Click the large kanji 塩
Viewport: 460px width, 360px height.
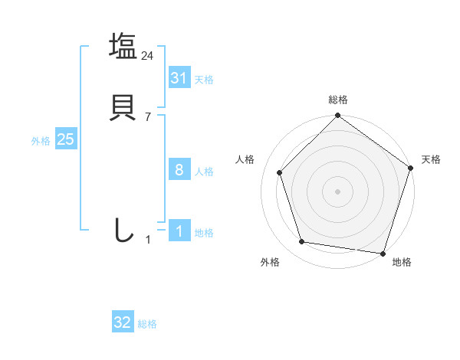pyautogui.click(x=123, y=46)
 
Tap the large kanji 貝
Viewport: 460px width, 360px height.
pyautogui.click(x=123, y=107)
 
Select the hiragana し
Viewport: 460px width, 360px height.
pyautogui.click(x=123, y=230)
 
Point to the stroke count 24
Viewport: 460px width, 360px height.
pyautogui.click(x=148, y=55)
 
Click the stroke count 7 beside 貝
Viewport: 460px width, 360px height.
pyautogui.click(x=148, y=116)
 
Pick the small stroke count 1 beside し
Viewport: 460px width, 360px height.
pyautogui.click(x=148, y=240)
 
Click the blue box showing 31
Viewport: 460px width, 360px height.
pyautogui.click(x=179, y=78)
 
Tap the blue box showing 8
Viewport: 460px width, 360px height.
pyautogui.click(x=179, y=170)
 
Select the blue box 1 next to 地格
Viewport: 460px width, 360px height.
pyautogui.click(x=179, y=231)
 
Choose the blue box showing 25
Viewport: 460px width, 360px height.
pyautogui.click(x=65, y=140)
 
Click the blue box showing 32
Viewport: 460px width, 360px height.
pyautogui.click(x=123, y=322)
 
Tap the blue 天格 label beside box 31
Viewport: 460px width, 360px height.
pyautogui.click(x=204, y=80)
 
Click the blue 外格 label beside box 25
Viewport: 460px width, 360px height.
pyautogui.click(x=41, y=141)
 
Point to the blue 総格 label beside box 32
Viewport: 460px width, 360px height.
pyautogui.click(x=147, y=324)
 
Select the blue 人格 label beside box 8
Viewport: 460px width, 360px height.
pyautogui.click(x=204, y=172)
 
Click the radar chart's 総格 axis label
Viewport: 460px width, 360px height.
pyautogui.click(x=338, y=100)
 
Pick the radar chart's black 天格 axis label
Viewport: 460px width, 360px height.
pyautogui.click(x=432, y=159)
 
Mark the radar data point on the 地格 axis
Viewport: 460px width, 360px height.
pyautogui.click(x=383, y=252)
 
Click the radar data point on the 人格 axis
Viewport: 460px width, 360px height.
pyautogui.click(x=280, y=172)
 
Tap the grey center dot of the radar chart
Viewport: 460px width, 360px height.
pyautogui.click(x=337, y=191)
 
